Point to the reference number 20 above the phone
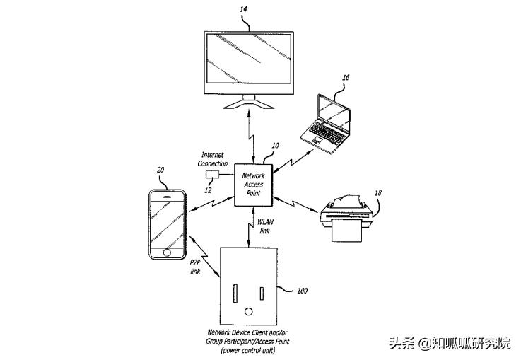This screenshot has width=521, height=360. pyautogui.click(x=160, y=170)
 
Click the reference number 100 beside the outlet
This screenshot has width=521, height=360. pyautogui.click(x=302, y=290)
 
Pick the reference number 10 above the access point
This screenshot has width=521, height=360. pyautogui.click(x=275, y=146)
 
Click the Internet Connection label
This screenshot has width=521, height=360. pyautogui.click(x=214, y=159)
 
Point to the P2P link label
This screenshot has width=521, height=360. pyautogui.click(x=196, y=267)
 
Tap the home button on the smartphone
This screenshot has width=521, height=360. pyautogui.click(x=167, y=252)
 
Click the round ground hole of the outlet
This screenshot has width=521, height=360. pyautogui.click(x=248, y=312)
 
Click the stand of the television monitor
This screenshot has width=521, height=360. pyautogui.click(x=247, y=104)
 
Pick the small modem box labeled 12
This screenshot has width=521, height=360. pyautogui.click(x=211, y=174)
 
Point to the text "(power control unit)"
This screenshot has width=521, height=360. pyautogui.click(x=249, y=350)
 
